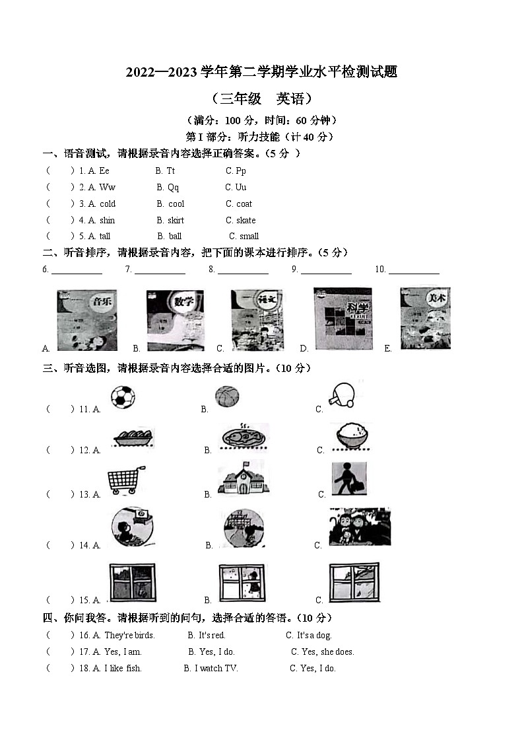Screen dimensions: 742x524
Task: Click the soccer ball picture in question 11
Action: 123,397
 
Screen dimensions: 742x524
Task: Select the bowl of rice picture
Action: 352,437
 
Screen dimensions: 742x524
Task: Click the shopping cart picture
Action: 126,480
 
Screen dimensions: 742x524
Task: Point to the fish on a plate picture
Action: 244,437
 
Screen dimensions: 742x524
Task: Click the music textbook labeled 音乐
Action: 87,320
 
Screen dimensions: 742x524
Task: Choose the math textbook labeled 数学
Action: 175,320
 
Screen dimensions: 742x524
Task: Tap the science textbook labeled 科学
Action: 343,318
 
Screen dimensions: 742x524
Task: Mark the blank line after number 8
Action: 243,271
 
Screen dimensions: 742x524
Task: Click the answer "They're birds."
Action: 129,635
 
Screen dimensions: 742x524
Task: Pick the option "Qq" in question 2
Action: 173,187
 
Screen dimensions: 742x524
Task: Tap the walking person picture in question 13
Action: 348,479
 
